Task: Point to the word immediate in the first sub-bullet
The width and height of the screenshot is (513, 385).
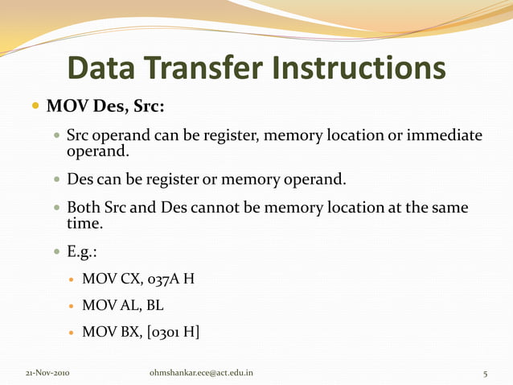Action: pos(445,135)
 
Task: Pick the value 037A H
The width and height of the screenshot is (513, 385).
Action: pos(170,280)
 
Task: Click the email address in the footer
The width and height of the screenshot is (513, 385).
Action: pos(202,373)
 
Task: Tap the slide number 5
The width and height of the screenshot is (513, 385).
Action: pos(485,373)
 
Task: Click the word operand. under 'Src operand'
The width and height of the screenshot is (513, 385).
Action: pos(97,150)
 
